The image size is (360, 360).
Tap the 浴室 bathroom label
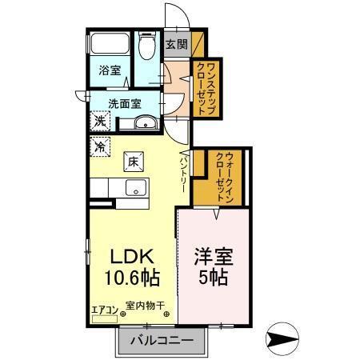[x=109, y=70]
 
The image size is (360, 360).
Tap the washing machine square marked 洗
[x=100, y=121]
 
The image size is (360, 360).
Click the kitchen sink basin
[x=134, y=189]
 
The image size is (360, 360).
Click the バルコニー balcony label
[x=166, y=342]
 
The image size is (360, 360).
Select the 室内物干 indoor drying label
[x=145, y=305]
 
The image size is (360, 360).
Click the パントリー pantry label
[x=183, y=173]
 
